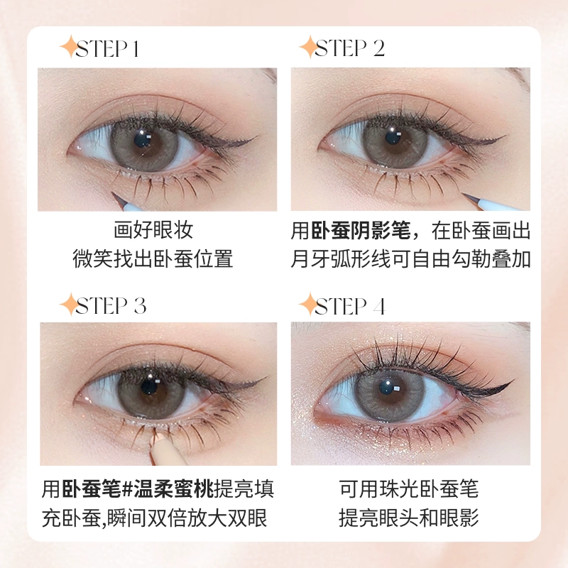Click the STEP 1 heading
pyautogui.click(x=107, y=48)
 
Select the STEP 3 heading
pyautogui.click(x=111, y=306)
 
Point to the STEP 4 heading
pyautogui.click(x=350, y=306)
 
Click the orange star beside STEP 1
pyautogui.click(x=69, y=47)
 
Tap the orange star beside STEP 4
pyautogui.click(x=309, y=305)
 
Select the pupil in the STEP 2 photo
pyautogui.click(x=393, y=138)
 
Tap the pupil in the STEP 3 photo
pyautogui.click(x=149, y=386)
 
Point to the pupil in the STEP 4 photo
pyautogui.click(x=388, y=388)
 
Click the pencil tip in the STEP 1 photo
pyautogui.click(x=112, y=193)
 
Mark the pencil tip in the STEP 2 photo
pyautogui.click(x=462, y=195)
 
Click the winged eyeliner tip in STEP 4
pyautogui.click(x=514, y=381)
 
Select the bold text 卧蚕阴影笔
pyautogui.click(x=361, y=230)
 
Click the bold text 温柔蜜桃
pyautogui.click(x=174, y=488)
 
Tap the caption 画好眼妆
pyautogui.click(x=153, y=229)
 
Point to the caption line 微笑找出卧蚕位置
pyautogui.click(x=153, y=258)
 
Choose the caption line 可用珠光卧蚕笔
pyautogui.click(x=409, y=488)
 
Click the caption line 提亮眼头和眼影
pyautogui.click(x=409, y=518)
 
